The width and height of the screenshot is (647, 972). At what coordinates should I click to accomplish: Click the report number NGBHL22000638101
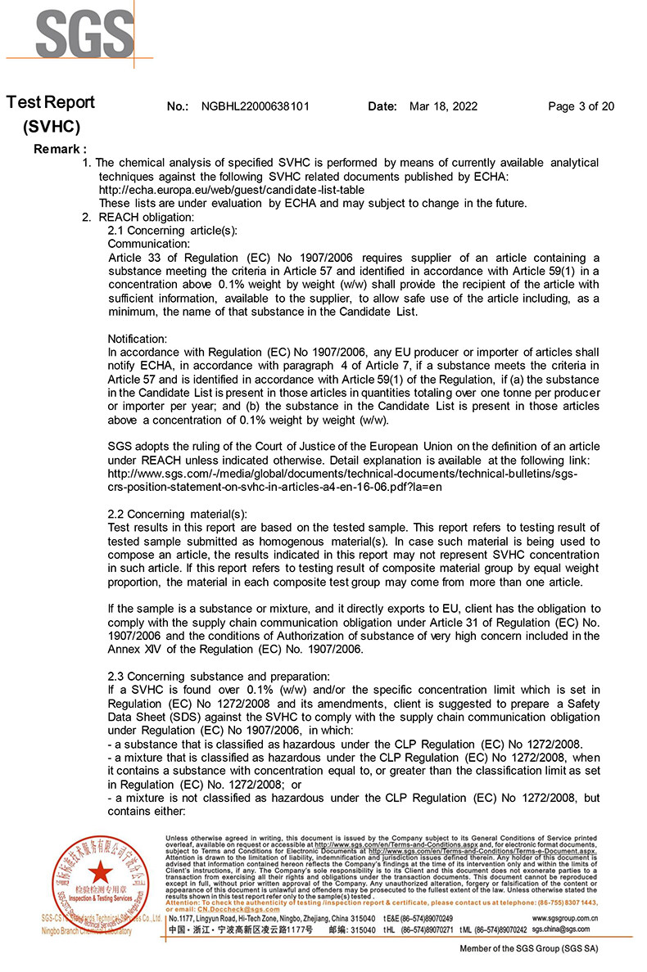(255, 106)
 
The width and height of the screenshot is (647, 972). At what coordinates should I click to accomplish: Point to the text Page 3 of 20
(581, 106)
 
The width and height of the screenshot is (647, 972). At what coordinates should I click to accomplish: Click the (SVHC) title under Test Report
(52, 127)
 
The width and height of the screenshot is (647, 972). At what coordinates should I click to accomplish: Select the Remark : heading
(60, 149)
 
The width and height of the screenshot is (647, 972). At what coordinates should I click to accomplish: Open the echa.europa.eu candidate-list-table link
(232, 190)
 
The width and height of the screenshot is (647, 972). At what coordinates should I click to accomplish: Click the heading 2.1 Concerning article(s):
(173, 231)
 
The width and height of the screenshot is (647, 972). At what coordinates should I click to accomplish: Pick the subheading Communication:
(149, 244)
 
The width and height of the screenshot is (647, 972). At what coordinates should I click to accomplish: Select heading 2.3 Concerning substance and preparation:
(219, 676)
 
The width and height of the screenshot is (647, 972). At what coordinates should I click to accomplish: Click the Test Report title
(52, 102)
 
